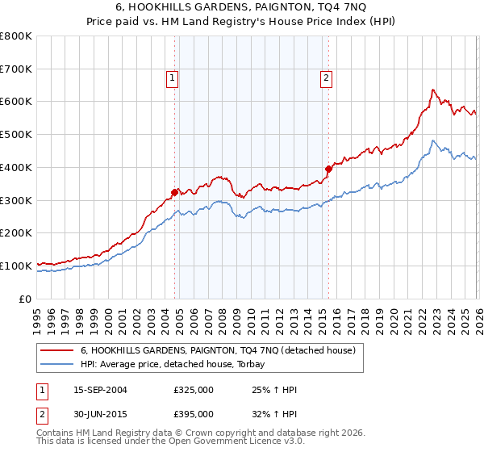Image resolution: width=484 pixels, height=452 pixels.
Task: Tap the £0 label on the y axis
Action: (x=26, y=299)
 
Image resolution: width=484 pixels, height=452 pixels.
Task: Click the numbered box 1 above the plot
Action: (x=173, y=78)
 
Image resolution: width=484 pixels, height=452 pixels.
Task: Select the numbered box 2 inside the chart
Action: (x=326, y=78)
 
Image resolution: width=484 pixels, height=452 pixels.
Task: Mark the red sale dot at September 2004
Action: (x=174, y=192)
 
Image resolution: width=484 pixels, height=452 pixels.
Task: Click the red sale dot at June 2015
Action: (x=328, y=169)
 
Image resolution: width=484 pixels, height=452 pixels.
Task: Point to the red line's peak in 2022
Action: (x=433, y=90)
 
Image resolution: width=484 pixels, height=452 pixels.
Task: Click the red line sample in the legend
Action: (x=57, y=350)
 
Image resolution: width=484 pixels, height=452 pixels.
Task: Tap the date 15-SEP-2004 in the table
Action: (x=100, y=390)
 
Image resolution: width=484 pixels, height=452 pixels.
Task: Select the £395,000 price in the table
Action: (x=193, y=414)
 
